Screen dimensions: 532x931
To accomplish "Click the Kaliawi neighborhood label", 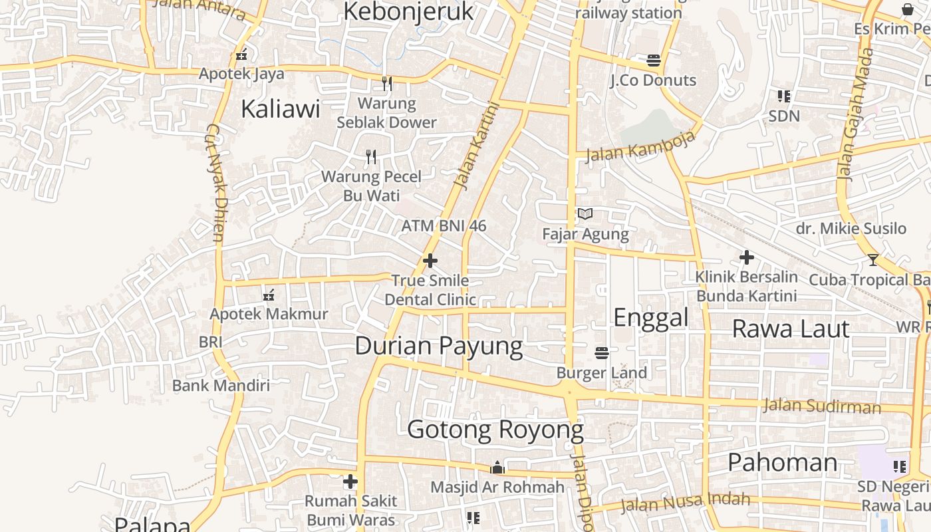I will [280, 108].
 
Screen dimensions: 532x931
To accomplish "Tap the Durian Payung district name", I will [439, 346].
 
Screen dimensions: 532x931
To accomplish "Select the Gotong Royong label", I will [495, 430].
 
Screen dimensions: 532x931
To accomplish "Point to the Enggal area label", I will [650, 318].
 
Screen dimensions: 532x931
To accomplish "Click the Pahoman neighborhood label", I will [782, 462].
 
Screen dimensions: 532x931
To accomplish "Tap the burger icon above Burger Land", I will [602, 352].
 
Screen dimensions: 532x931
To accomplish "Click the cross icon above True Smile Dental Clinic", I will [430, 261].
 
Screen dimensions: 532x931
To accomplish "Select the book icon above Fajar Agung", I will [585, 214].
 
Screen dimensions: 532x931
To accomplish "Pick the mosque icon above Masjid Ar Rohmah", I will [497, 468].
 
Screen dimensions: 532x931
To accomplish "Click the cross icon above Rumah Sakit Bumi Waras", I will [350, 481].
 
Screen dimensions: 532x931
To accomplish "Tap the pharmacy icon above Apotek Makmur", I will [269, 295].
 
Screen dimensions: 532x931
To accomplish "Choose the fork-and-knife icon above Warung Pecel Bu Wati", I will [371, 157].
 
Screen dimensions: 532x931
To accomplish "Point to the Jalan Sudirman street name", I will [821, 405].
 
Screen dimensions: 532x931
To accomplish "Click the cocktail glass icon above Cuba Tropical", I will [873, 259].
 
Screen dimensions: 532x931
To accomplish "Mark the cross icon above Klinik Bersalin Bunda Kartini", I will [746, 257].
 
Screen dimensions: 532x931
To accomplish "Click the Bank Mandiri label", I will [221, 386].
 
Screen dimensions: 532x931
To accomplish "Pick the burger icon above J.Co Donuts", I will [653, 61].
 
